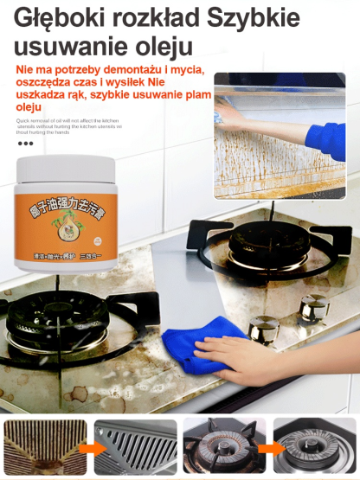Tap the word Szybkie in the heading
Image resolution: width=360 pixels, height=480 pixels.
(256, 18)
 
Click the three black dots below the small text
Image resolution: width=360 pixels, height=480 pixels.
(25, 144)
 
